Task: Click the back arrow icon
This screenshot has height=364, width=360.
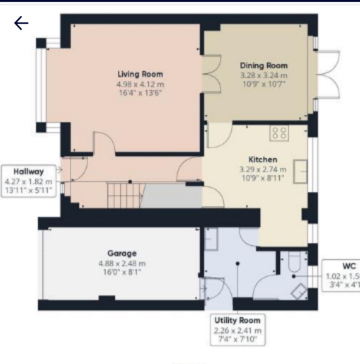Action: pyautogui.click(x=21, y=24)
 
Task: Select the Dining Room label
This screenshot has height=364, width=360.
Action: pyautogui.click(x=263, y=66)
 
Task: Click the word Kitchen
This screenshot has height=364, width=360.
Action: pyautogui.click(x=263, y=159)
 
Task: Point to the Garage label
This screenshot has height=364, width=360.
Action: pyautogui.click(x=122, y=253)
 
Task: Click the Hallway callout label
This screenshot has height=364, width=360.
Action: pyautogui.click(x=29, y=172)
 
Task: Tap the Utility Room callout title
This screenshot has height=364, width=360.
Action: pyautogui.click(x=237, y=320)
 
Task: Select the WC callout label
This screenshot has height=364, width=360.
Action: pyautogui.click(x=348, y=266)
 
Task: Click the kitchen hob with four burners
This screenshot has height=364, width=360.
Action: pyautogui.click(x=280, y=132)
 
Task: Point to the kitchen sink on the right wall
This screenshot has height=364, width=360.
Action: pyautogui.click(x=300, y=171)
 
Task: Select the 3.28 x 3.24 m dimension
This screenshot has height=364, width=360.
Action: pyautogui.click(x=263, y=75)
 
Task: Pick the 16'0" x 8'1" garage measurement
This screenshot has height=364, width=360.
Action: pyautogui.click(x=122, y=273)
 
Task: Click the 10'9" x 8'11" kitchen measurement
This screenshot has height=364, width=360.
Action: pyautogui.click(x=263, y=178)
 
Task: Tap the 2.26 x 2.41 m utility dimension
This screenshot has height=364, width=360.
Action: pyautogui.click(x=237, y=330)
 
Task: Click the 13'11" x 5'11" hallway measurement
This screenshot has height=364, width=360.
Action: pyautogui.click(x=29, y=190)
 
